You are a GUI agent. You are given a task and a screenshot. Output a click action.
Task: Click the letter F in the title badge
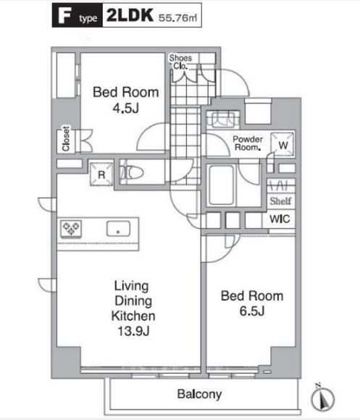tap(64, 15)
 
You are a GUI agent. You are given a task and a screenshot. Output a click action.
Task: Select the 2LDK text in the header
tap(130, 15)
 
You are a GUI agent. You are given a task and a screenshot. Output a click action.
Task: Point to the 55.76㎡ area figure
tap(178, 17)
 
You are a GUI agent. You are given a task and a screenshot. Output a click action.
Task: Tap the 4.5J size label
tap(125, 108)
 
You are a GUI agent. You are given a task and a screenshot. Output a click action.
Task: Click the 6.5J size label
tap(252, 311)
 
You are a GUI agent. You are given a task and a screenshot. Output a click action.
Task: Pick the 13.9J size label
tap(133, 332)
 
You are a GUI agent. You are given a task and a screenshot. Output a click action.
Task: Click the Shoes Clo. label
tap(180, 62)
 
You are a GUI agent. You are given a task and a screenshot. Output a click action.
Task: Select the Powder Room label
tap(248, 143)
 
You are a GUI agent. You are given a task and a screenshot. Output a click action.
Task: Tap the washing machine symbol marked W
tap(282, 145)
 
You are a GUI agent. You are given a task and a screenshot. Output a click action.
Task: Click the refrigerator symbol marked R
tap(101, 175)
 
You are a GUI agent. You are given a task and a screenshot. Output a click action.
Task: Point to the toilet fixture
tap(132, 172)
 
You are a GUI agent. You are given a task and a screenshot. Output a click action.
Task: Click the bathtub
tap(221, 185)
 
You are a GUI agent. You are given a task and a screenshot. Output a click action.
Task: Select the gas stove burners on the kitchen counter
tap(71, 229)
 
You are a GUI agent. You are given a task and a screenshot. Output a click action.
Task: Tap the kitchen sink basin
tap(118, 229)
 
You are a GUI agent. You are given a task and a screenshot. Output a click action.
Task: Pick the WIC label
tap(280, 219)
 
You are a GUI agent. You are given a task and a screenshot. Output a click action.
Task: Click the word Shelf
tap(280, 201)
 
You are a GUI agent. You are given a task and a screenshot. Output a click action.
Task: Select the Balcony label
tap(199, 394)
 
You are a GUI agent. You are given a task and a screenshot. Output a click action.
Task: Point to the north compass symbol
tap(323, 398)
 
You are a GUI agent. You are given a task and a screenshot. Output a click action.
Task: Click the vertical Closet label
tap(66, 138)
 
